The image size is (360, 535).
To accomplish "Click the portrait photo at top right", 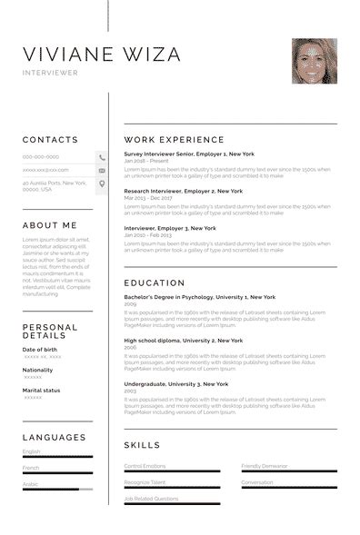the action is coord(314,61).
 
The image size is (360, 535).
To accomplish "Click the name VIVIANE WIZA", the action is coord(101,54).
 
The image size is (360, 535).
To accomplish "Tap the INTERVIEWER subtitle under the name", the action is coord(50,73).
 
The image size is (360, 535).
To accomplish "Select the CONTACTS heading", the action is coord(50,140).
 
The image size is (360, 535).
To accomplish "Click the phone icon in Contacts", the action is coord(102,157).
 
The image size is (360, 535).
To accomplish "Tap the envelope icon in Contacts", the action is coord(102,170).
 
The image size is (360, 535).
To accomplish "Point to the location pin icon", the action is coord(102,183).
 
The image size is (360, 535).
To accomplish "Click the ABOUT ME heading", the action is coord(50,225).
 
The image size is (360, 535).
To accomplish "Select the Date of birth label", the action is coord(39,349).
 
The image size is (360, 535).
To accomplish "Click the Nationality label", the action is coord(37,370).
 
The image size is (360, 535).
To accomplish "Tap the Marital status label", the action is coord(41,390).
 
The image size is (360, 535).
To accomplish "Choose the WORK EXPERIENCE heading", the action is coord(174,140).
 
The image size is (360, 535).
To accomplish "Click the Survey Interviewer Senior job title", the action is coord(188,155).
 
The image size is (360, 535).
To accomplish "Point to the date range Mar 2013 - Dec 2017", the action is coord(147,197).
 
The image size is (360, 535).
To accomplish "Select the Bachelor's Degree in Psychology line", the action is coord(199,297).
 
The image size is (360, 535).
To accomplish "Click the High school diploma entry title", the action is coord(183,340).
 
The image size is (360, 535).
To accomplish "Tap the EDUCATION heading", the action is coord(154,282).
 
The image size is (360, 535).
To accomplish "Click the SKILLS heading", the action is coord(142,445).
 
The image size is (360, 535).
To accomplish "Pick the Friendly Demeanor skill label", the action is coord(264,466).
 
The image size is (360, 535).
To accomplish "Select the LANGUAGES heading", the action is coord(55,438).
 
